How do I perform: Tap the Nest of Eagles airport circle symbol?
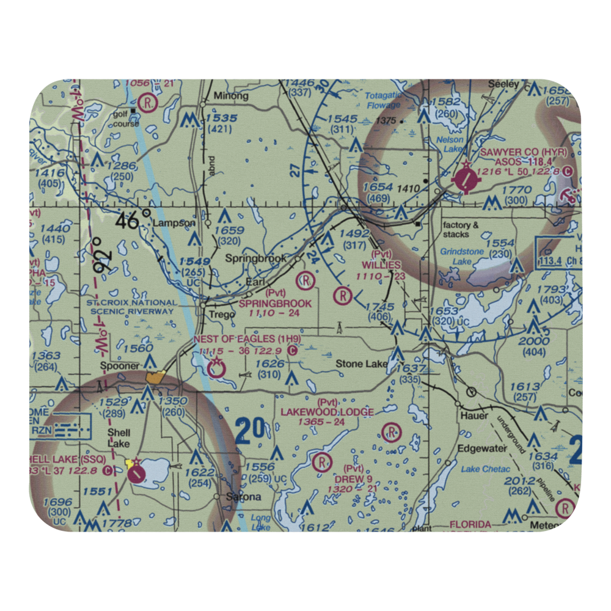216,368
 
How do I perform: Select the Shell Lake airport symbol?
136,470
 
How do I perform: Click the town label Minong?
231,96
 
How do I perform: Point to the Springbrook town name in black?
255,258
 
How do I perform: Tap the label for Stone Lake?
361,364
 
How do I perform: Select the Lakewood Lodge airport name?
327,412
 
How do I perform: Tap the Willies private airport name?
381,265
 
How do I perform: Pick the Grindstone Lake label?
462,257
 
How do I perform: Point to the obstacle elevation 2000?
533,341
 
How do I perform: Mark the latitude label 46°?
130,221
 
